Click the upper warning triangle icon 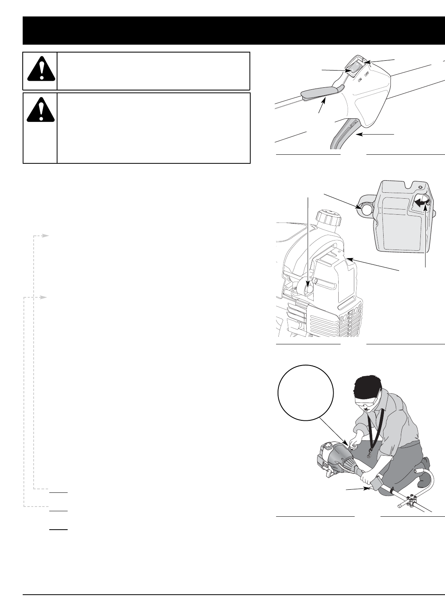[x=41, y=69]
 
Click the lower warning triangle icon [x=41, y=109]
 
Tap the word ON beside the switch [x=360, y=80]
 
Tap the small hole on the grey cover [x=420, y=187]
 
